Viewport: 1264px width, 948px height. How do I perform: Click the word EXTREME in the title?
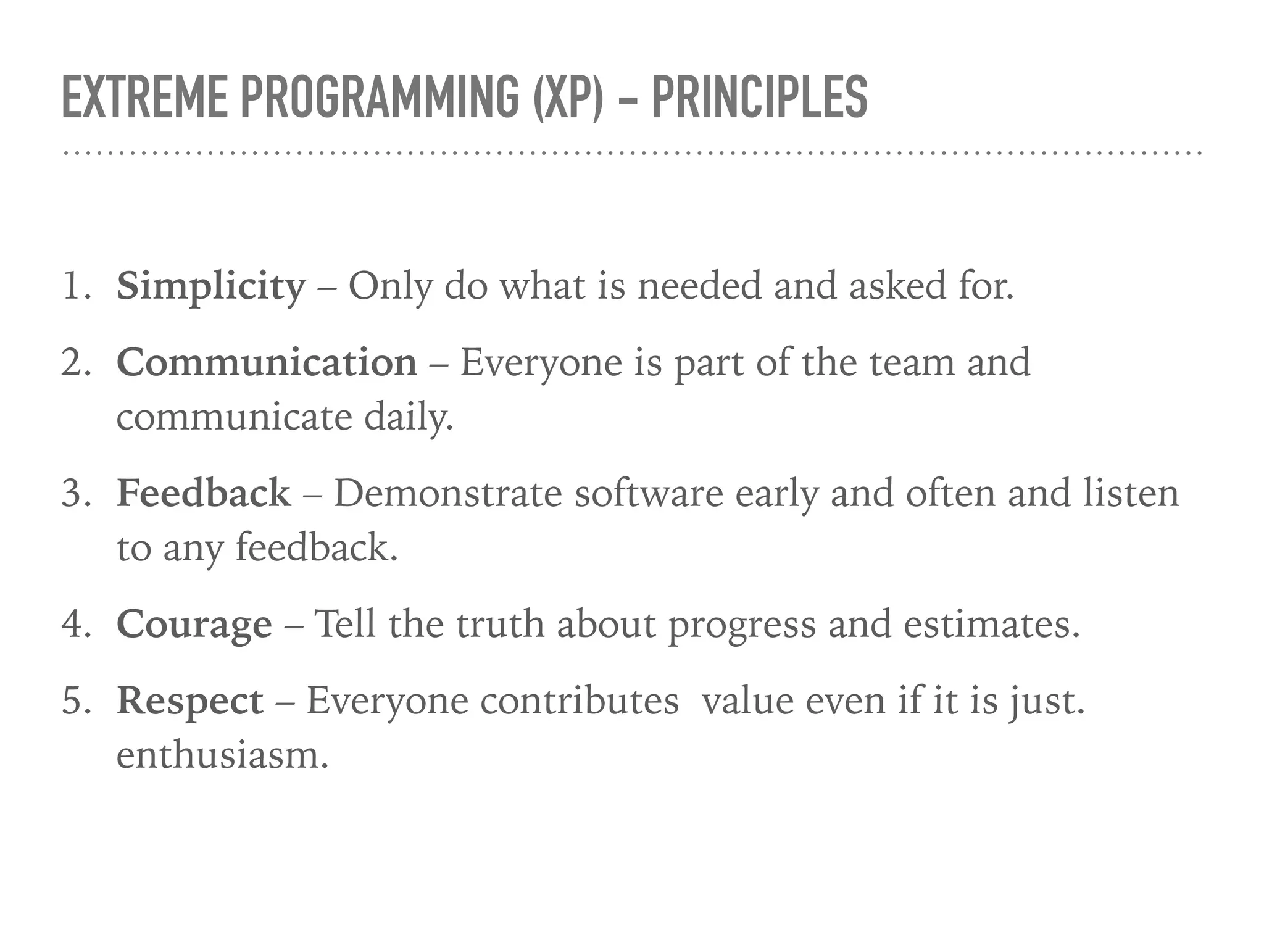tap(144, 97)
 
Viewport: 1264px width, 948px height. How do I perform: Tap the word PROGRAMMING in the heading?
tap(380, 97)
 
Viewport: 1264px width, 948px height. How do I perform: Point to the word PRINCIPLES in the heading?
tap(759, 97)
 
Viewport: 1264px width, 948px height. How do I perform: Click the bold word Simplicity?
tap(211, 287)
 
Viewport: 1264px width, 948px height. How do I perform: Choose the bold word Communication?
tap(267, 362)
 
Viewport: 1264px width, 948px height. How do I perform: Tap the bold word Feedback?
tap(204, 494)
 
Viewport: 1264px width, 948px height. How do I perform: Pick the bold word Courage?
tap(194, 625)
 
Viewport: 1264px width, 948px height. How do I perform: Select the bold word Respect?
tap(190, 702)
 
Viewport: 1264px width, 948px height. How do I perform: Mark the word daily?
tap(408, 418)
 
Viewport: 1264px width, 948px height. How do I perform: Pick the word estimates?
tap(991, 625)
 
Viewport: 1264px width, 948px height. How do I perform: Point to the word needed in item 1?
tap(699, 287)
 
